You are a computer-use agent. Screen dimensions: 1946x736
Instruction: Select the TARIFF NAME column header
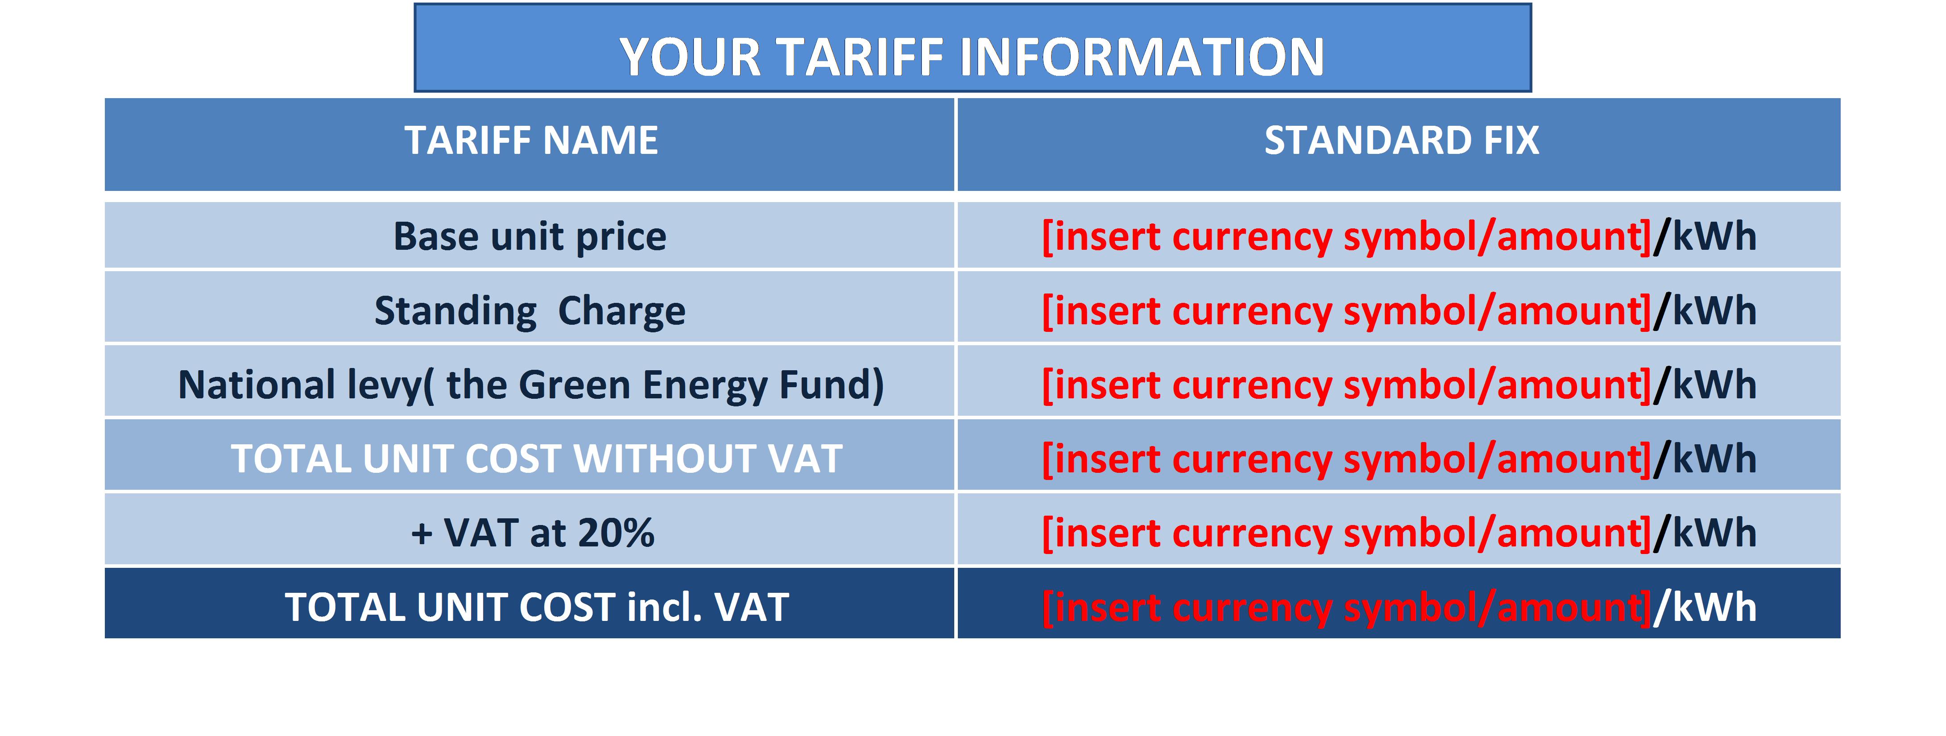click(531, 141)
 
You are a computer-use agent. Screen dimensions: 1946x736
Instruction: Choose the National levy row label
click(530, 385)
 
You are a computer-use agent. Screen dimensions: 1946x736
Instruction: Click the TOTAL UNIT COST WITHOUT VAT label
click(536, 459)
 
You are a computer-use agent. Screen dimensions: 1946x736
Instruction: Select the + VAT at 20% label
click(533, 533)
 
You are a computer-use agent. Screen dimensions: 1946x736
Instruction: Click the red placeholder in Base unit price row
click(1346, 236)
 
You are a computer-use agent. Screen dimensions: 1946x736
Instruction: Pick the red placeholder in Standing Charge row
click(1346, 310)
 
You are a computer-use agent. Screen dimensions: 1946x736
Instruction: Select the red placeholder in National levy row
click(1346, 385)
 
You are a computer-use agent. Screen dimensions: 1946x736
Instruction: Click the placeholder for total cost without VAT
click(1346, 459)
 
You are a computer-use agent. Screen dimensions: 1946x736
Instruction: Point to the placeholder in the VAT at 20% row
click(1346, 533)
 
